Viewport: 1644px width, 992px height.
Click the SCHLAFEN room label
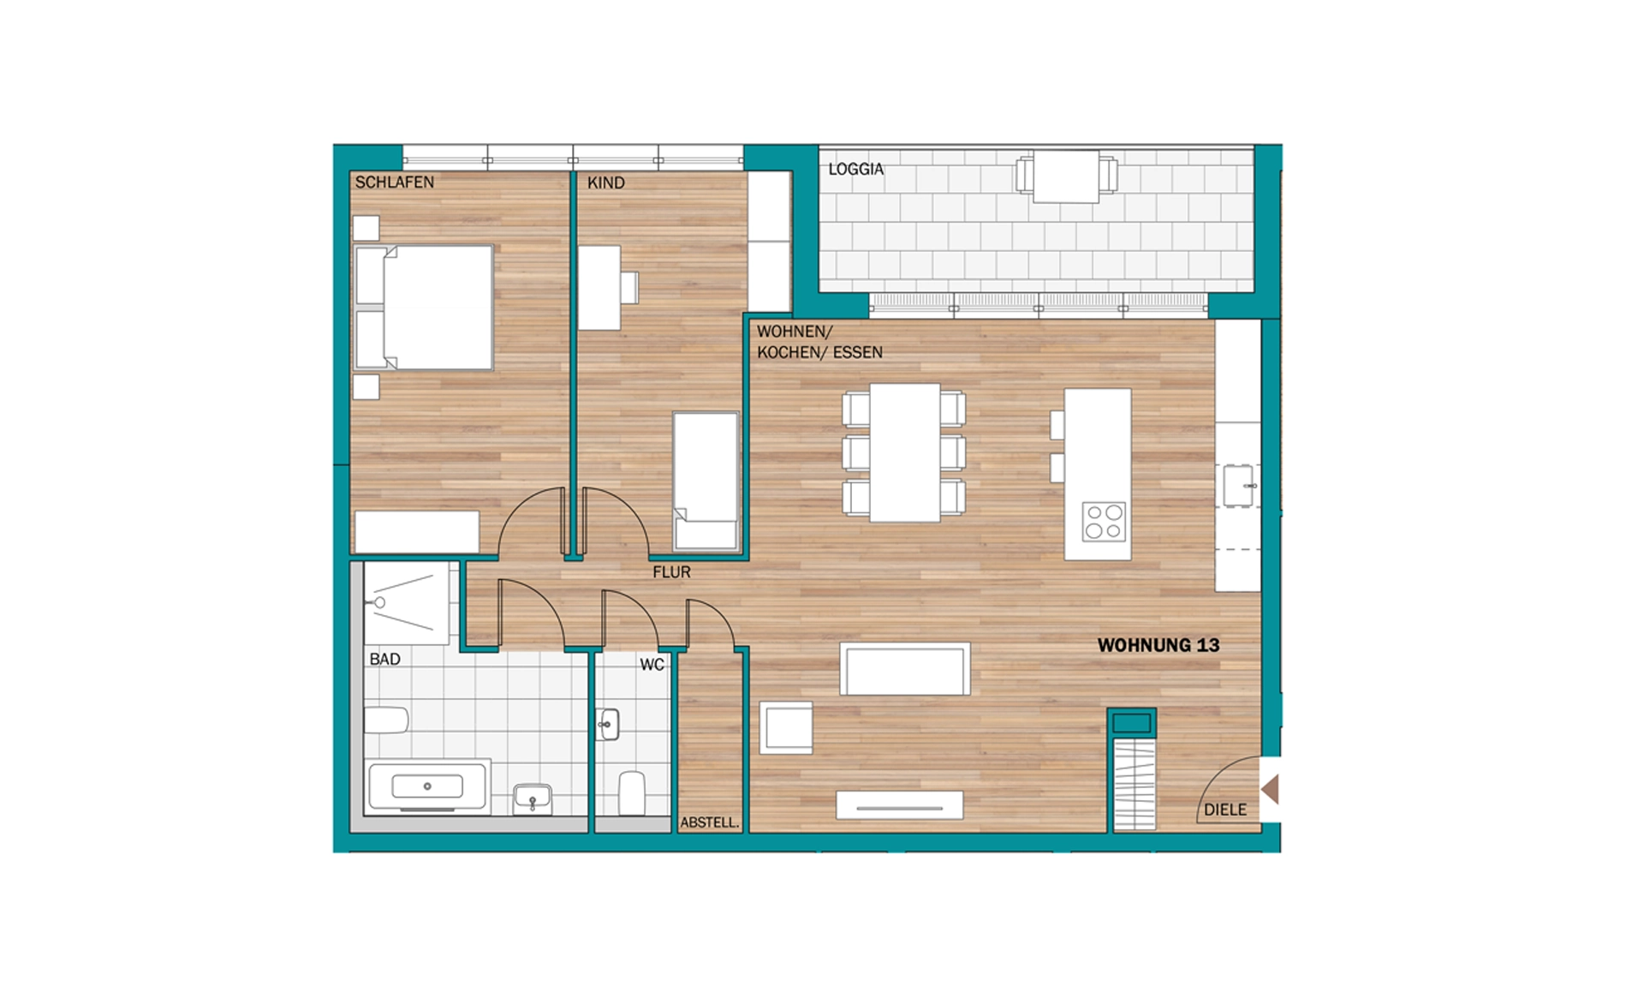[x=395, y=182]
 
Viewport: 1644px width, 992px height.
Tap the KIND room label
[x=606, y=183]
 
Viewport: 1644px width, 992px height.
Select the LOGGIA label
[x=855, y=170]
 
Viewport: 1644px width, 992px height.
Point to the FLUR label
[x=671, y=572]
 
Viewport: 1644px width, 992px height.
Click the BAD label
[x=385, y=660]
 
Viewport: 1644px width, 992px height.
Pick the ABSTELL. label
[x=709, y=822]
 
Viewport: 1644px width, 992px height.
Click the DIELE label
[x=1225, y=810]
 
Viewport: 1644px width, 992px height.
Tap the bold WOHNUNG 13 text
[x=1159, y=645]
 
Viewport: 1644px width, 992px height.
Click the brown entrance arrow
[x=1270, y=789]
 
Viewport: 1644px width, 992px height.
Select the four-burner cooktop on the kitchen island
[x=1104, y=522]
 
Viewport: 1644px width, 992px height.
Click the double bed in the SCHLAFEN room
[x=424, y=308]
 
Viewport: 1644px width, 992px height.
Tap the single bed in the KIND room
[x=706, y=481]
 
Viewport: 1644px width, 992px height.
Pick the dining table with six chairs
[x=904, y=452]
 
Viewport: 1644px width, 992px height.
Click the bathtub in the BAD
[x=427, y=786]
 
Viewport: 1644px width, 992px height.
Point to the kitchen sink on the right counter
[x=1238, y=486]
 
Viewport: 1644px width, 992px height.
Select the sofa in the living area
[x=905, y=669]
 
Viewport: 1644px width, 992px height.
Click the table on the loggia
[x=1066, y=176]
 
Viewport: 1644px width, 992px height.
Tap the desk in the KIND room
[x=599, y=288]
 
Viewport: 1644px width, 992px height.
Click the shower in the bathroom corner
[x=407, y=603]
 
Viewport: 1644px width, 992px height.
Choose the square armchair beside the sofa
[x=786, y=728]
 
